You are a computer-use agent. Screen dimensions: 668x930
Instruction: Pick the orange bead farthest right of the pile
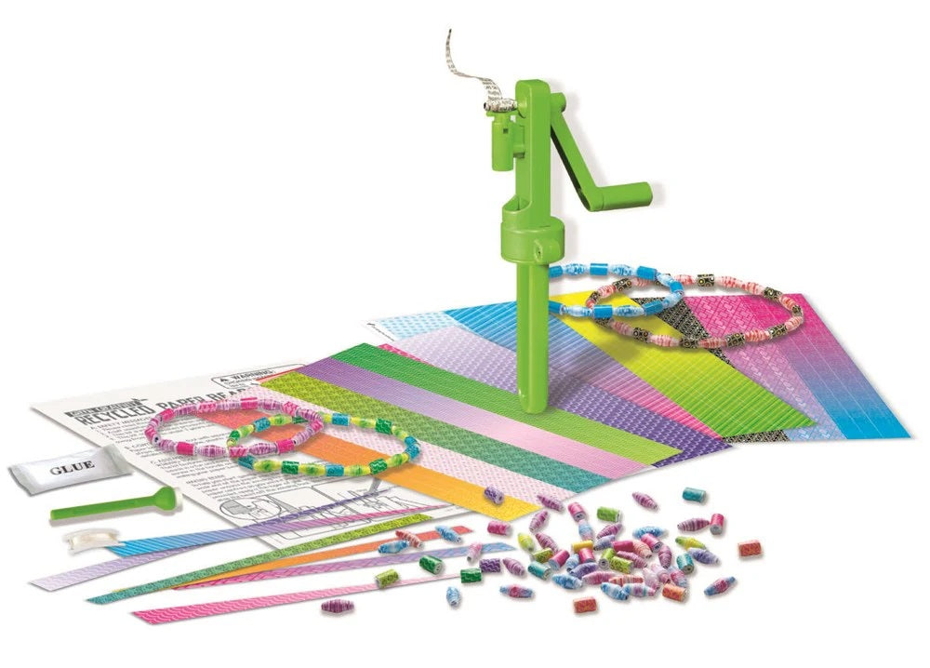pyautogui.click(x=750, y=549)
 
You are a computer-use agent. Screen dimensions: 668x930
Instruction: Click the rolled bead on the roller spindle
pyautogui.click(x=497, y=106)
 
